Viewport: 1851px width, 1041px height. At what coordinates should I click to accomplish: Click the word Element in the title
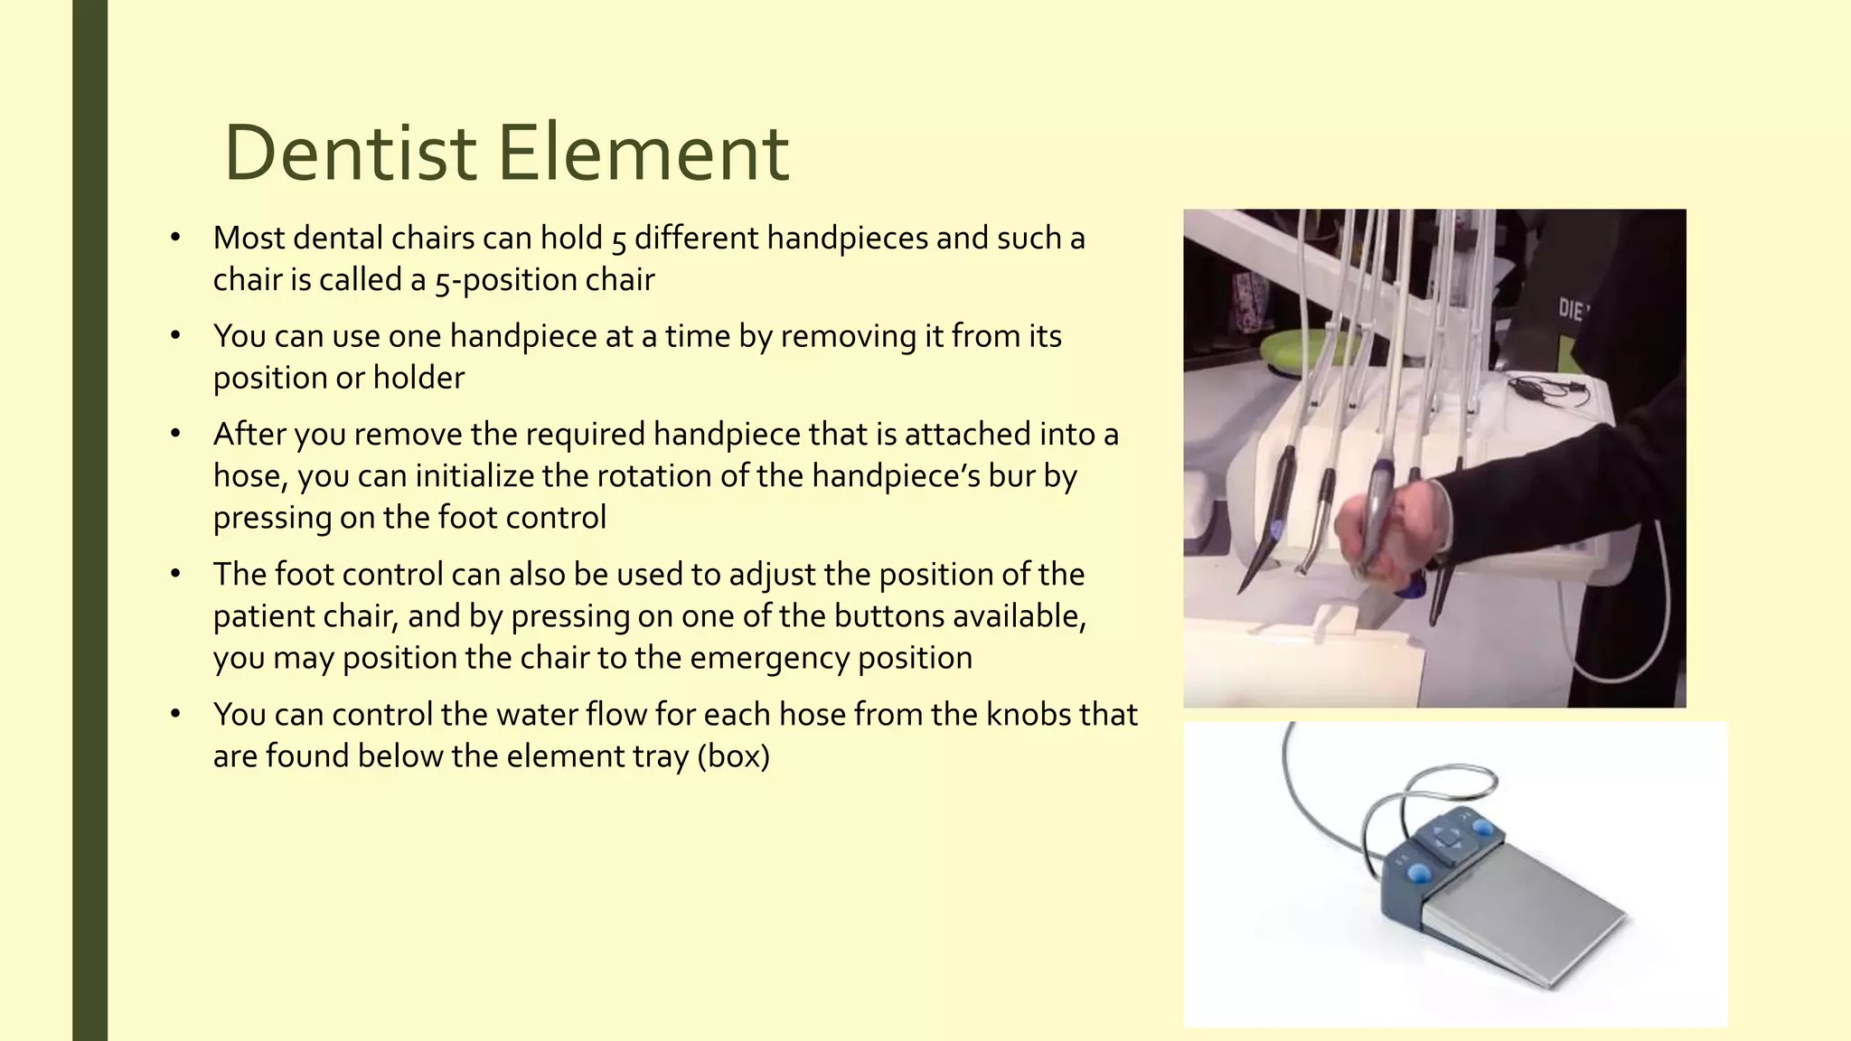pos(643,154)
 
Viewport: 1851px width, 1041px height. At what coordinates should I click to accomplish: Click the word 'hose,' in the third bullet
pos(250,476)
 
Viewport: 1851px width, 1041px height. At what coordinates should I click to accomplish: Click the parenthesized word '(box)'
pos(734,756)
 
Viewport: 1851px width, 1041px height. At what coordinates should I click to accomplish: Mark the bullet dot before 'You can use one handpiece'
pos(175,336)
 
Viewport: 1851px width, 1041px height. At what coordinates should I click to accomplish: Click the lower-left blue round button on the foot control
pos(1417,873)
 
